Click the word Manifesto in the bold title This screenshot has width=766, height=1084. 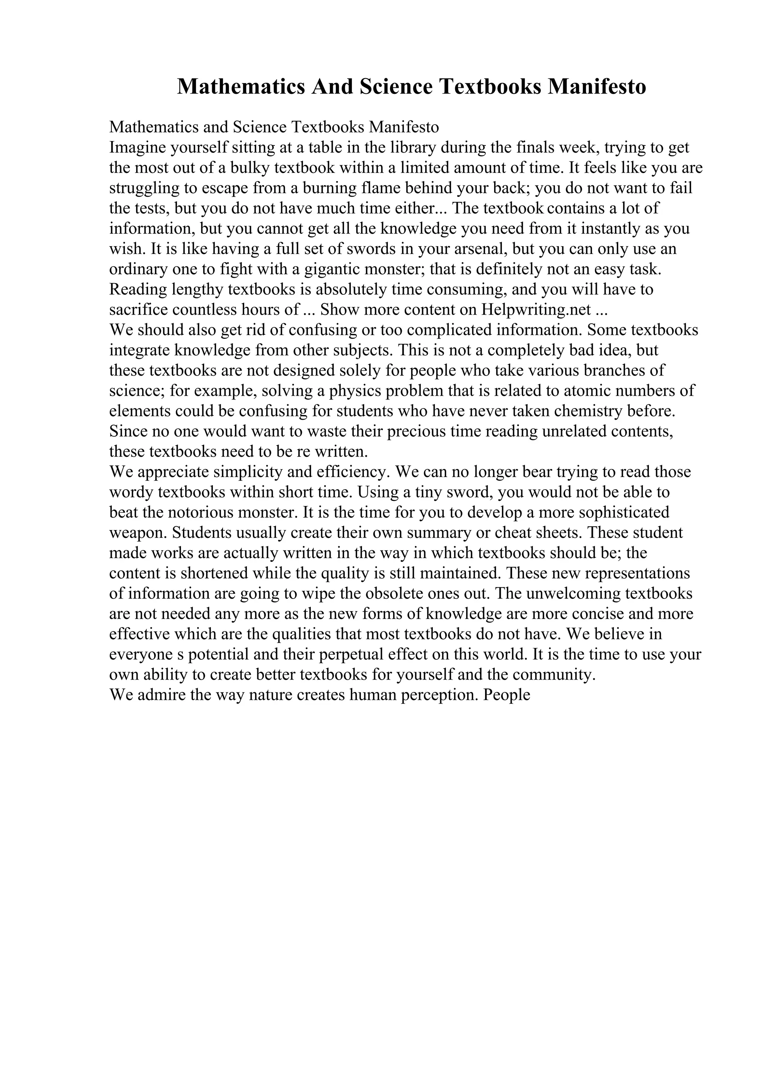(x=597, y=87)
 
